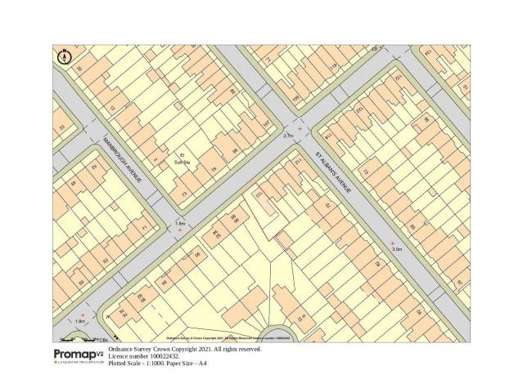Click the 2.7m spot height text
click(287, 136)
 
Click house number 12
click(113, 108)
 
